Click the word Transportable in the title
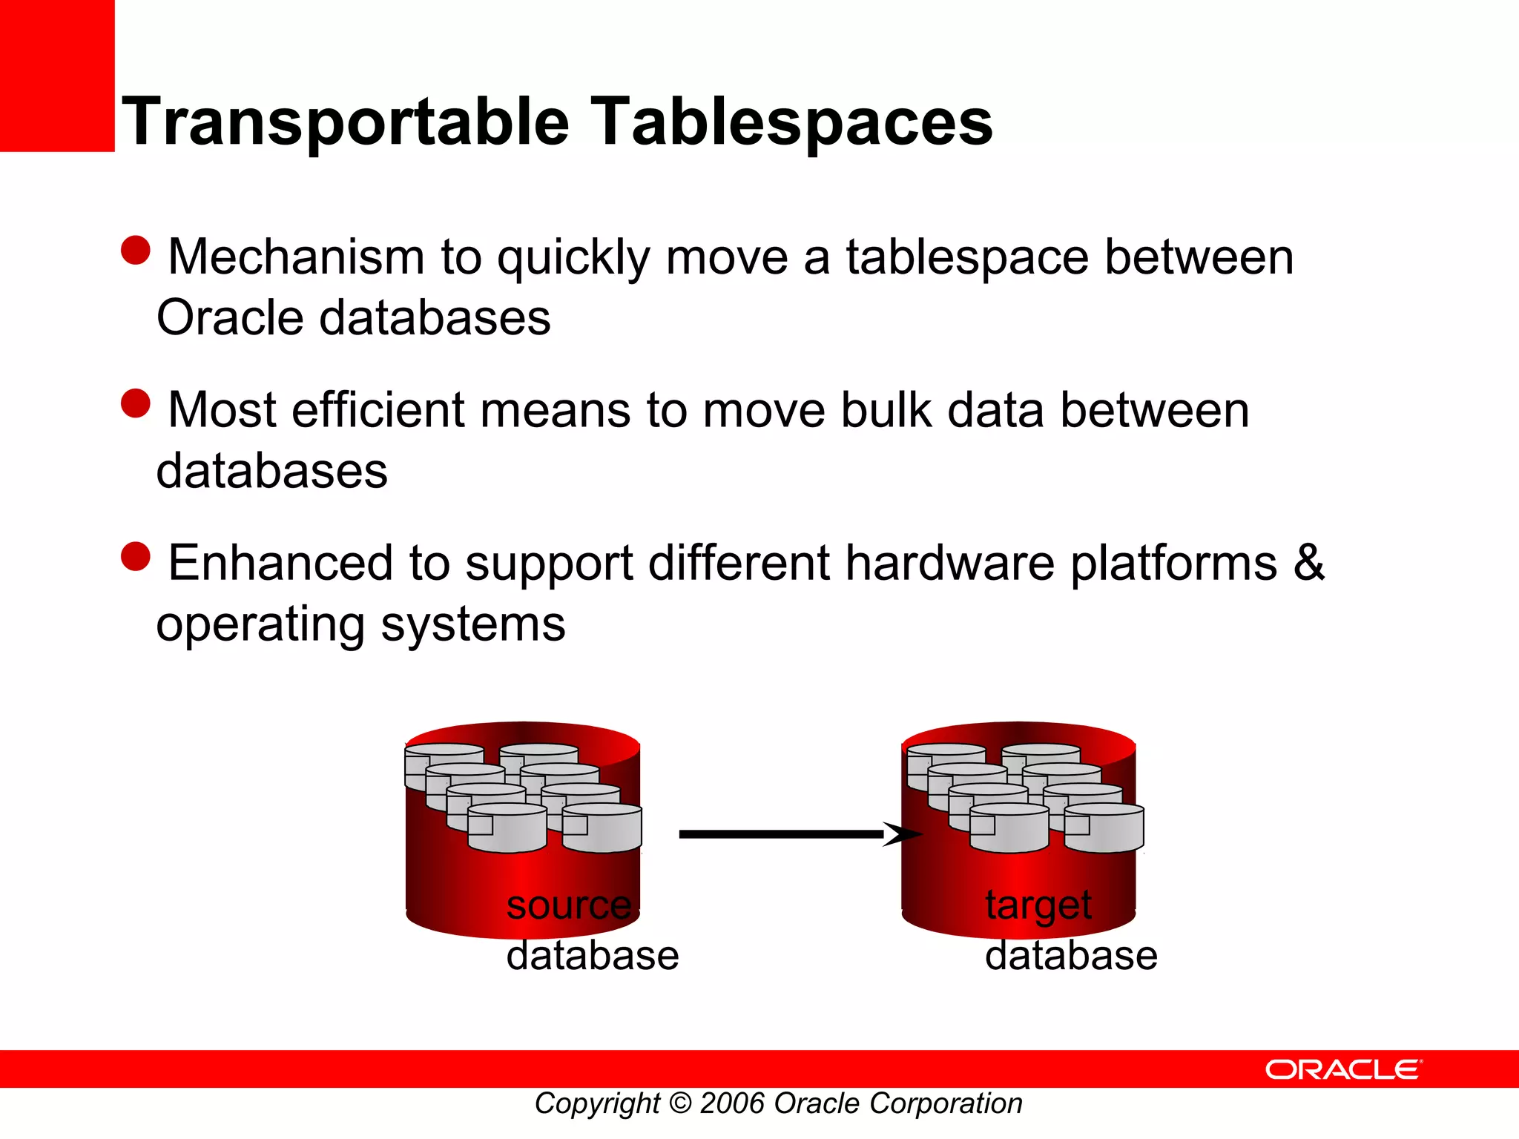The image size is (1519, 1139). [x=346, y=122]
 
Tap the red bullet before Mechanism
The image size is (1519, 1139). [x=136, y=251]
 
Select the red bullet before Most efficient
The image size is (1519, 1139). [x=136, y=403]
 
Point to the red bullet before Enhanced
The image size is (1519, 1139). [x=136, y=557]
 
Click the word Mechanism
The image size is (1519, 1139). [x=296, y=257]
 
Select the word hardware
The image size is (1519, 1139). [x=950, y=563]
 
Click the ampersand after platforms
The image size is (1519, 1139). [x=1308, y=563]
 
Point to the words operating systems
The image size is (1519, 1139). [x=360, y=624]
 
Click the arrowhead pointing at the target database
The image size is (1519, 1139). [x=901, y=834]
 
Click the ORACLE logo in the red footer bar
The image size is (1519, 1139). [x=1343, y=1069]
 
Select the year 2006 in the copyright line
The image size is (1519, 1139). [x=732, y=1104]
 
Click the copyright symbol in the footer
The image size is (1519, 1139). [x=679, y=1104]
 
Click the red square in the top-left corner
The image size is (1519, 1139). [x=57, y=76]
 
